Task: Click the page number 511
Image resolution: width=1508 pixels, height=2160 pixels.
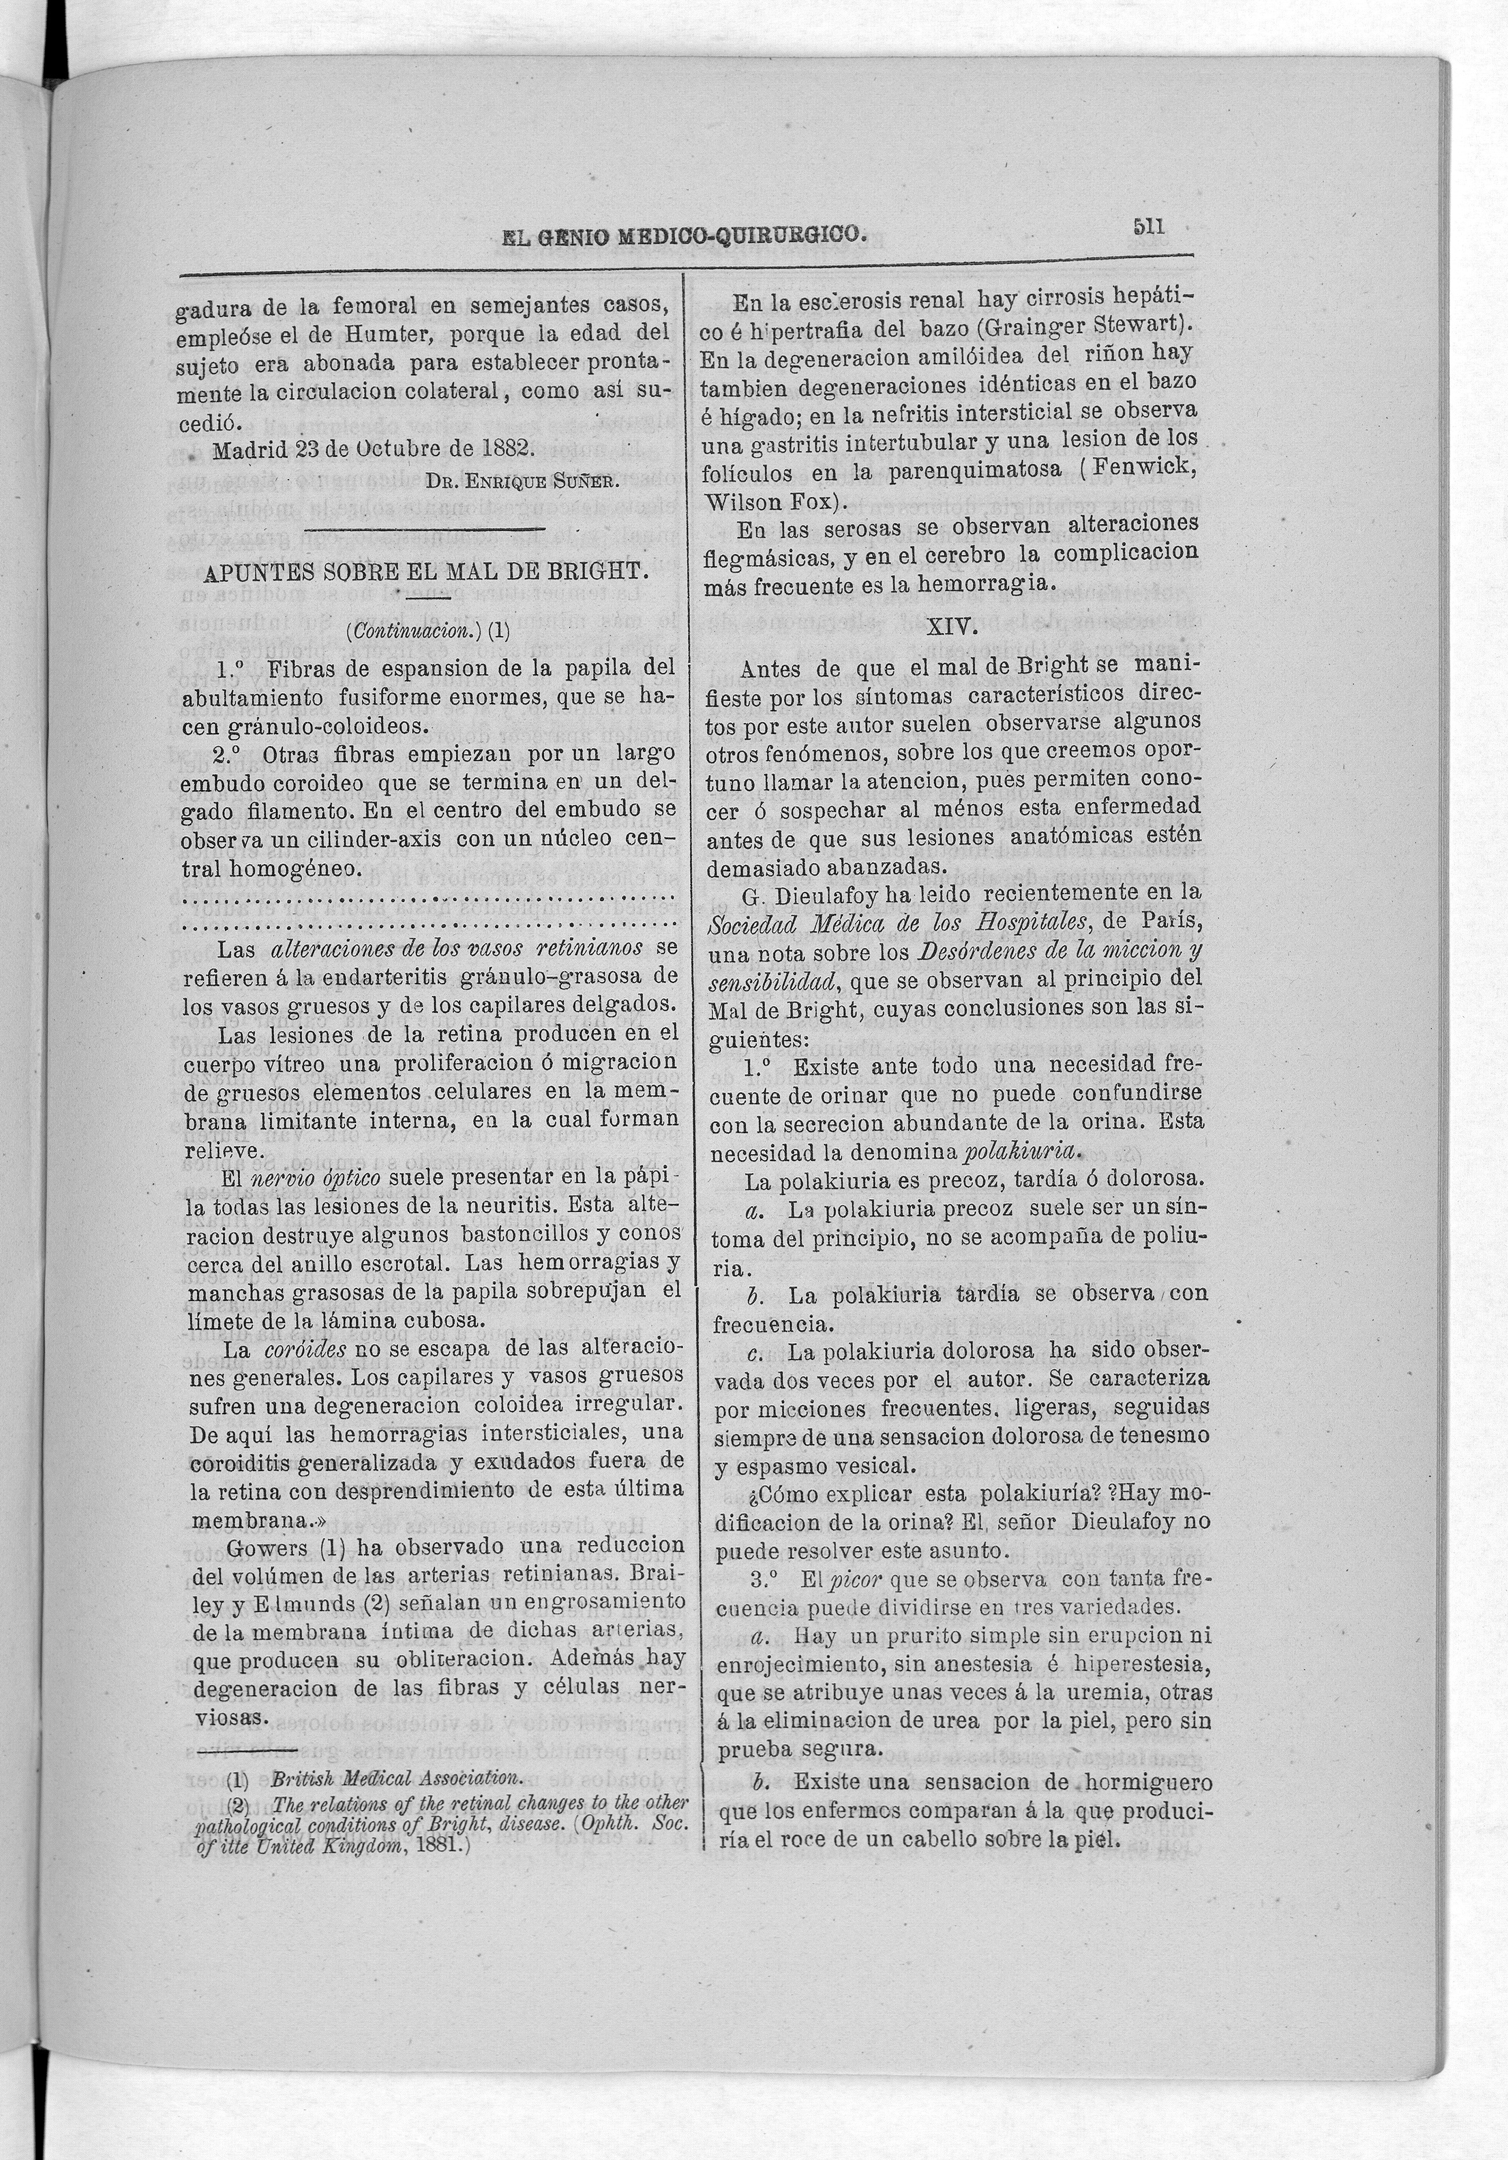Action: (1149, 226)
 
